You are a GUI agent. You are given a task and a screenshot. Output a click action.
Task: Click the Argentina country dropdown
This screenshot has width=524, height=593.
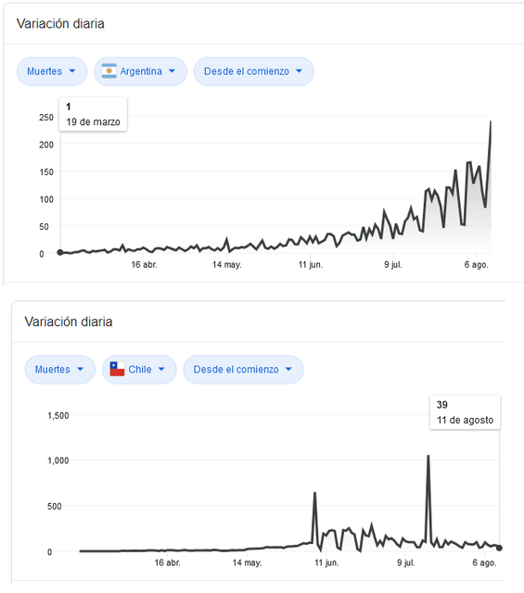point(140,71)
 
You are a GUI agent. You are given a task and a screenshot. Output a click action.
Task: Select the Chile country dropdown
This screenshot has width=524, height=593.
point(139,370)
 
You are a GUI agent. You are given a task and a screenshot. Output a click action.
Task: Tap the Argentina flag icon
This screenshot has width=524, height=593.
point(109,71)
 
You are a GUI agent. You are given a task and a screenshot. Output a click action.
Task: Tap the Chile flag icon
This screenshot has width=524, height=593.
point(117,369)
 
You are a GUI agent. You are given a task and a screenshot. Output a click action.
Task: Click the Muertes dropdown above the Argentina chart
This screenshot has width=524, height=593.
point(52,71)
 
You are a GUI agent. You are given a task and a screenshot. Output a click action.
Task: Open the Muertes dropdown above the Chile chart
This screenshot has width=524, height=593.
point(60,370)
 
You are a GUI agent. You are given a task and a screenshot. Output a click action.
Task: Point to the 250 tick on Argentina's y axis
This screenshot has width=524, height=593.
point(46,118)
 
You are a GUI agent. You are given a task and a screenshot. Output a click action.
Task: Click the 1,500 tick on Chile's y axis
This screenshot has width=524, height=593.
point(58,416)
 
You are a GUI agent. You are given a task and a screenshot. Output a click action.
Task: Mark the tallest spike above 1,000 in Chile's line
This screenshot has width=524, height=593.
point(428,456)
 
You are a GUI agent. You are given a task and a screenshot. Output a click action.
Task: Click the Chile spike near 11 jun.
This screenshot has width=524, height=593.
point(314,493)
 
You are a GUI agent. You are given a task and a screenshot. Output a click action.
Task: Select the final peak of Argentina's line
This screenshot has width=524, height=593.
point(491,121)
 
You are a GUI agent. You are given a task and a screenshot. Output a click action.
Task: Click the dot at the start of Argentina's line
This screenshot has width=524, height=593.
point(60,252)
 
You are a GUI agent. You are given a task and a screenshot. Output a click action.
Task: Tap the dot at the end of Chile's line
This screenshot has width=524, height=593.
point(499,548)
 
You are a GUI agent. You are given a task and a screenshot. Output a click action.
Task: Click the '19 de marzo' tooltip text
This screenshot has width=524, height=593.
point(93,122)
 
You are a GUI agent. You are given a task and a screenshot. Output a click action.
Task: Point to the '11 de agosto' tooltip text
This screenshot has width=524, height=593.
point(466,420)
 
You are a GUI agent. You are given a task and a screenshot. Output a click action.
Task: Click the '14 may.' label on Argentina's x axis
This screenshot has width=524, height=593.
point(227,265)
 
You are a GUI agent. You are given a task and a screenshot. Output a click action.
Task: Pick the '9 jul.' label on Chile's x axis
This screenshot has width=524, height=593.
point(406,562)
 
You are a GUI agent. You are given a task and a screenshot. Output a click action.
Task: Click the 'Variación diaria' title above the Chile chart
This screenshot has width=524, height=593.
point(69,322)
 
